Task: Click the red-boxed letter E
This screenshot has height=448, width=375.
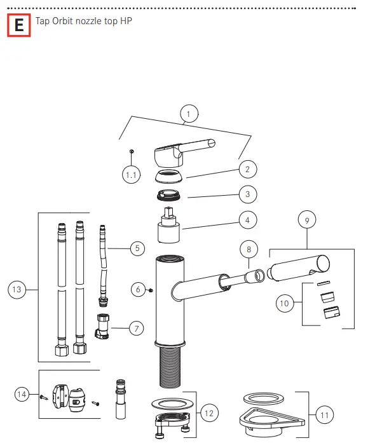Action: click(x=19, y=25)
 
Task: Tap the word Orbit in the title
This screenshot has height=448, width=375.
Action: click(x=62, y=21)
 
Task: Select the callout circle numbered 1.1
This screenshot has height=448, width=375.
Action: click(x=131, y=175)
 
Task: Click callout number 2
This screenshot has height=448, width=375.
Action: click(x=247, y=169)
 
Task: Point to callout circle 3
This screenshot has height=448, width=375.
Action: click(x=247, y=194)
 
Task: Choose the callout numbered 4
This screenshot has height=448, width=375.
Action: click(x=247, y=220)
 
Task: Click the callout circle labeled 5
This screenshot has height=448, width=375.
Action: click(x=137, y=248)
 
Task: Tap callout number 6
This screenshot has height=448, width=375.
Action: click(x=138, y=289)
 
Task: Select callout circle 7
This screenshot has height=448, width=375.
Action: click(x=137, y=329)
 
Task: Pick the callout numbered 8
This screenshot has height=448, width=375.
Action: click(x=249, y=250)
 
